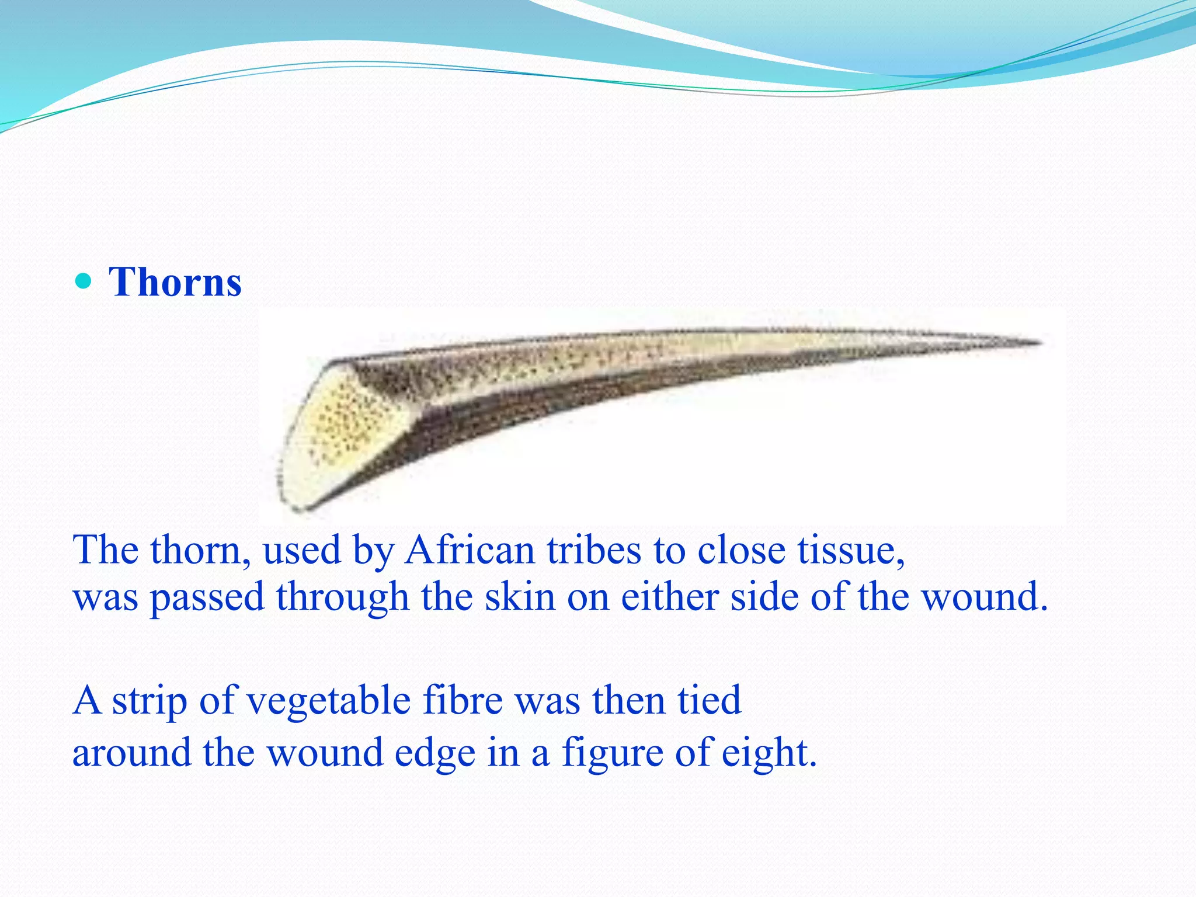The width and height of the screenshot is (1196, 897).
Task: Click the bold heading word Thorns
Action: pyautogui.click(x=175, y=282)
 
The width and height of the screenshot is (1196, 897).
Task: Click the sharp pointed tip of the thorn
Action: pyautogui.click(x=1037, y=343)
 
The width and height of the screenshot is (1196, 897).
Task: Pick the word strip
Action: pyautogui.click(x=149, y=700)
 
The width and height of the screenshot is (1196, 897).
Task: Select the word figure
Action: pyautogui.click(x=613, y=753)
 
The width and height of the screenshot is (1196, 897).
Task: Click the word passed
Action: pyautogui.click(x=207, y=598)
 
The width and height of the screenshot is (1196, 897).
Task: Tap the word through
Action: pyautogui.click(x=342, y=598)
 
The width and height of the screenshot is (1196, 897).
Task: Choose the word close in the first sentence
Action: pyautogui.click(x=742, y=550)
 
